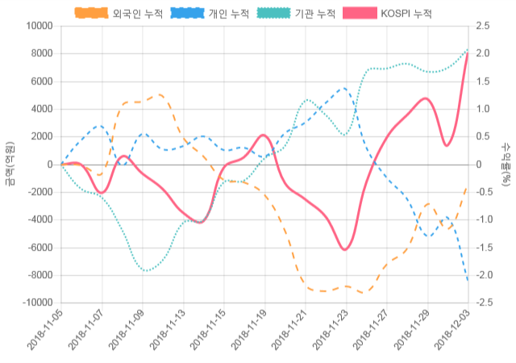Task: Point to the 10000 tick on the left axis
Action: (x=38, y=26)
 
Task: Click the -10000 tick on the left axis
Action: (x=35, y=302)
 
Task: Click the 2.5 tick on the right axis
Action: (x=483, y=26)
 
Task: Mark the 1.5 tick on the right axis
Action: (x=483, y=81)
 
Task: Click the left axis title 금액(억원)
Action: (x=9, y=164)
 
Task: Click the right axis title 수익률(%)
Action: (x=506, y=164)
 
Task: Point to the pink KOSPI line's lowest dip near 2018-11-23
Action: (x=345, y=250)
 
